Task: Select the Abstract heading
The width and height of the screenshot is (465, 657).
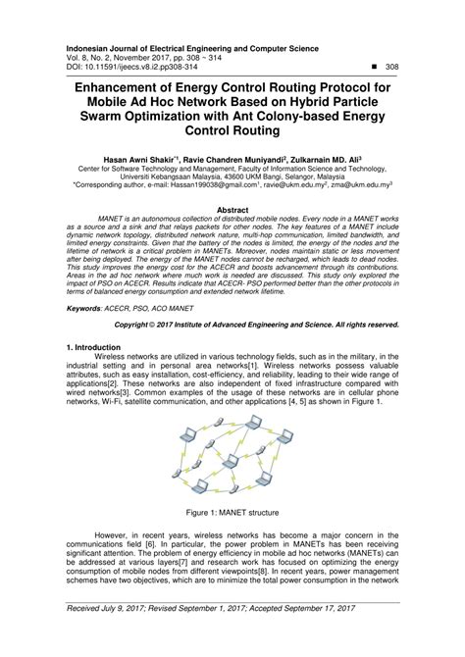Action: [232, 209]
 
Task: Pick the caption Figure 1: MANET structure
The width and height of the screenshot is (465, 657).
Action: [232, 511]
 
